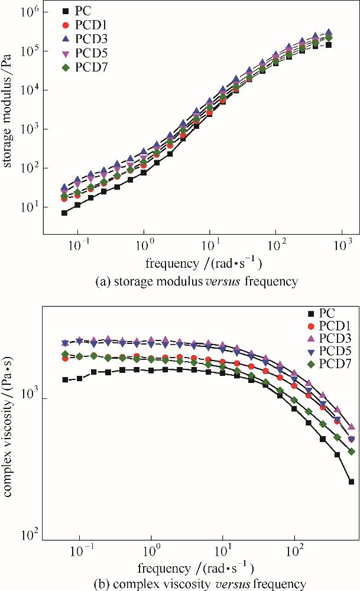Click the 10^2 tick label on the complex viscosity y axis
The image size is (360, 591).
[28, 535]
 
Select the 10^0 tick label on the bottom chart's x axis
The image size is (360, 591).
[151, 554]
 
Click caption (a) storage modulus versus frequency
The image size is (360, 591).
[196, 281]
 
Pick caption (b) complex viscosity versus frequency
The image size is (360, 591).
[196, 584]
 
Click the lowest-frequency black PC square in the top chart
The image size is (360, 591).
[64, 213]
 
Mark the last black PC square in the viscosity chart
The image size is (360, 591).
[351, 482]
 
